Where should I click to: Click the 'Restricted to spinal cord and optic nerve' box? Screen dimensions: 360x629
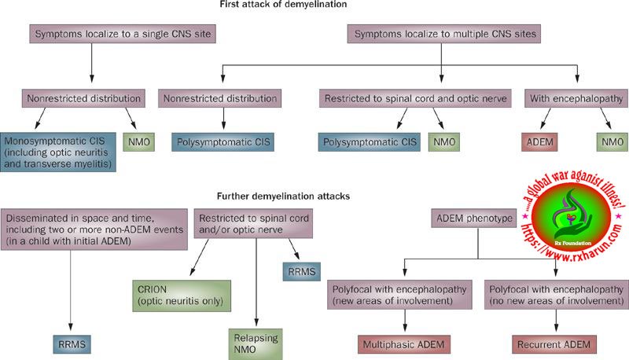[x=413, y=99]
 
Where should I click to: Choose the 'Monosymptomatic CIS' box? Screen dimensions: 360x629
[x=58, y=152]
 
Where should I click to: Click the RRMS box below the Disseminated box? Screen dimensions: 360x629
[x=73, y=343]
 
